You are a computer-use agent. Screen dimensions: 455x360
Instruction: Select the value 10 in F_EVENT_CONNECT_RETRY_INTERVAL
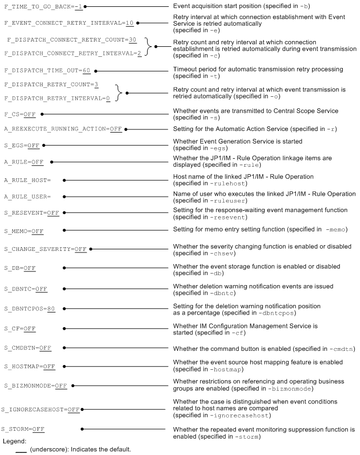[129, 24]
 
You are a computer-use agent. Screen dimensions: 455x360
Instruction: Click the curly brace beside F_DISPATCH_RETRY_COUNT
[120, 93]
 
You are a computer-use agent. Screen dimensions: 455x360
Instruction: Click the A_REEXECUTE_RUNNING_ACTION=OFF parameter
[63, 128]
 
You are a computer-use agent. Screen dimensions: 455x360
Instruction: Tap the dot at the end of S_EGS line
[44, 145]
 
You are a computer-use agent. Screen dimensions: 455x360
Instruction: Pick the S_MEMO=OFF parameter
[24, 230]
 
